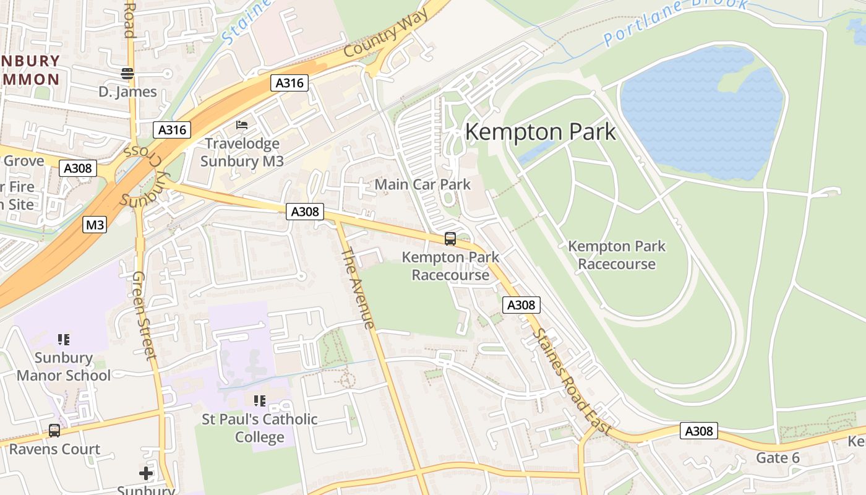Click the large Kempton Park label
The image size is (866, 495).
pos(540,132)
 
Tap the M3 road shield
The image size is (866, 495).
pos(95,225)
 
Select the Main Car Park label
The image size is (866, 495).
pos(422,184)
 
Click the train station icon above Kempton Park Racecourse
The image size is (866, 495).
pos(450,238)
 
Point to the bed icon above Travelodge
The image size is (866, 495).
pos(242,126)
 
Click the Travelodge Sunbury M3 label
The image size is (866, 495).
pos(242,153)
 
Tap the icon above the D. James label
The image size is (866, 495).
pos(127,74)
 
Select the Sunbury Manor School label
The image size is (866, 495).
pos(64,366)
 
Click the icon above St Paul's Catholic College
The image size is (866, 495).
pos(259,401)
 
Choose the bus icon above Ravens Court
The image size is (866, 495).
pos(54,430)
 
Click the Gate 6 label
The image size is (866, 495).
pos(778,458)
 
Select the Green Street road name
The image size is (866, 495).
pos(144,315)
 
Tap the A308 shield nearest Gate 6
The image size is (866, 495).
pos(699,431)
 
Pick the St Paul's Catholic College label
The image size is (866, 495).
pos(259,428)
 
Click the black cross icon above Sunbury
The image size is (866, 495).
pos(146,473)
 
